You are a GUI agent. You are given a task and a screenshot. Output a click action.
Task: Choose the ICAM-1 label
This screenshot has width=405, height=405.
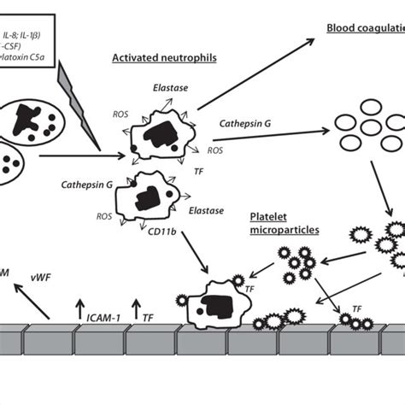[x=102, y=318]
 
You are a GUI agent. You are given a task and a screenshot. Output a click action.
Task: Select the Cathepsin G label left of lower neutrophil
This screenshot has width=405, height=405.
[x=85, y=183]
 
